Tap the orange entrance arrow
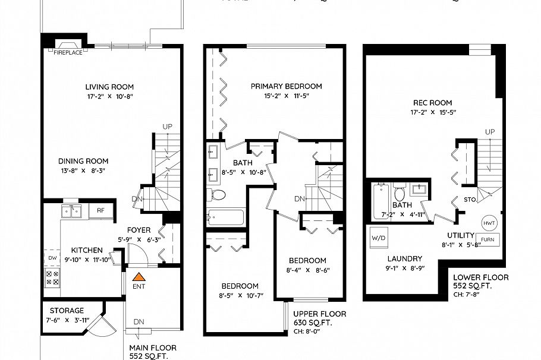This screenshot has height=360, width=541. (139, 276)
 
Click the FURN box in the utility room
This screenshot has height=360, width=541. (487, 240)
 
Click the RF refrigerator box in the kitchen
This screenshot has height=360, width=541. (100, 210)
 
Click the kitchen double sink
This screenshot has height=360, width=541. (72, 210)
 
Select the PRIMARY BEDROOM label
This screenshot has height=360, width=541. (286, 86)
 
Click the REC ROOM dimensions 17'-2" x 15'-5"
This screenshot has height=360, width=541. (432, 112)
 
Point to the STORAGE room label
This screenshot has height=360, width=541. (67, 310)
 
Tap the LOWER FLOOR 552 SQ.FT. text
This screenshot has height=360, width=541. (480, 282)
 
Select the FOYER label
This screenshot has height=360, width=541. (139, 230)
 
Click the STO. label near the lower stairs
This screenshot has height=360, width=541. (470, 200)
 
